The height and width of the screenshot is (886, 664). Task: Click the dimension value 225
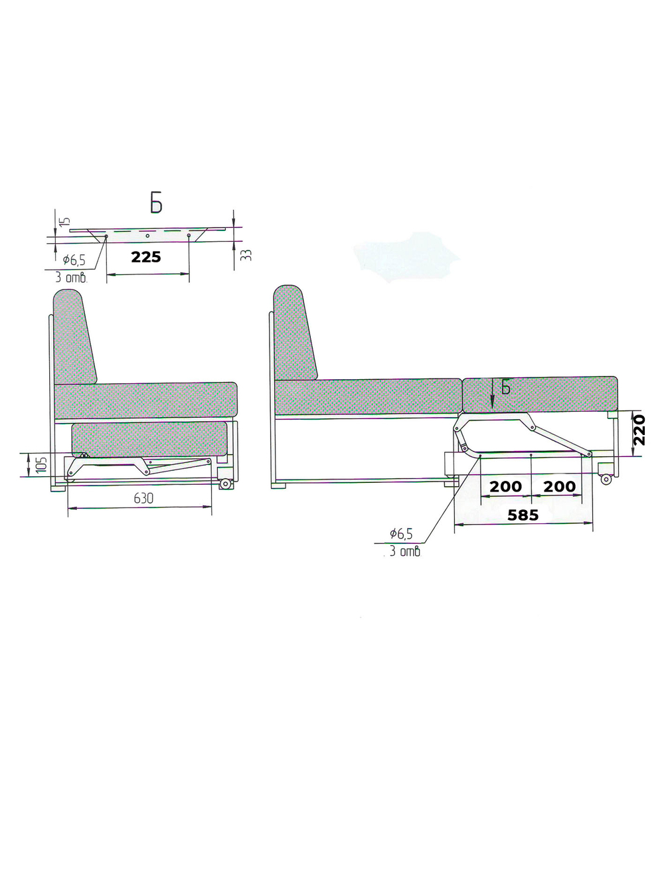pos(146,257)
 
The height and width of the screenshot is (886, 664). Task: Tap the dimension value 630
pos(143,499)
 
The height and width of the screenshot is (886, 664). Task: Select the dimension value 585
pos(523,515)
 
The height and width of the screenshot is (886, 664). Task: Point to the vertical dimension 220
pos(639,430)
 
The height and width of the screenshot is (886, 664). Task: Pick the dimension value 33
pos(248,254)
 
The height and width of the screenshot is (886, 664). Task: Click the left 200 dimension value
pos(505,486)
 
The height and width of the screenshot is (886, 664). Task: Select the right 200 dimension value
pos(560,486)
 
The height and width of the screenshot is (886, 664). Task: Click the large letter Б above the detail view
pos(156,205)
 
